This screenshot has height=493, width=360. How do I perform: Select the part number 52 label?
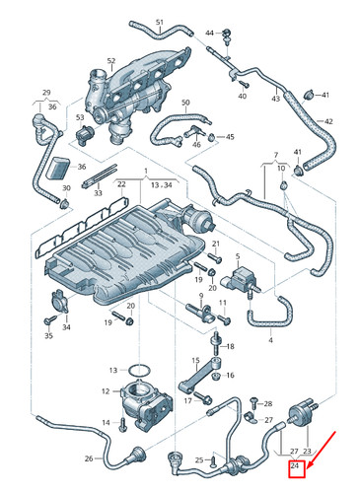(110, 61)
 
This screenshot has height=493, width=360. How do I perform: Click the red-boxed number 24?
(294, 465)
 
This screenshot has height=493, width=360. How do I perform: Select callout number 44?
(210, 33)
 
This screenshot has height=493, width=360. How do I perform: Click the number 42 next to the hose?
(328, 121)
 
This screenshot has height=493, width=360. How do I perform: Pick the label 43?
(275, 99)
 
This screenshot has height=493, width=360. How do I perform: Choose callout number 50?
(184, 102)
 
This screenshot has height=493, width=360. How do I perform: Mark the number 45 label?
(230, 136)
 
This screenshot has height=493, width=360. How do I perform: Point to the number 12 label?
(112, 370)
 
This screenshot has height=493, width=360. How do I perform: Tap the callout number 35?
(49, 336)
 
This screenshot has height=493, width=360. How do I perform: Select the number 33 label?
(98, 194)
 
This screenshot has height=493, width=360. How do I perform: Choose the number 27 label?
(293, 451)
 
